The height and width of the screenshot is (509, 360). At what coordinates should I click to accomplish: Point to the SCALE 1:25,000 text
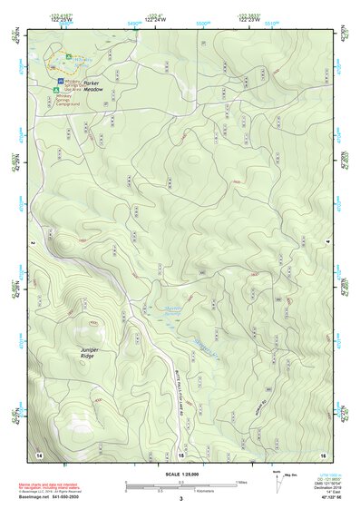[x=180, y=473]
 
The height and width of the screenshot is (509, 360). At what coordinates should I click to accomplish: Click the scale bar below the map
[x=180, y=485]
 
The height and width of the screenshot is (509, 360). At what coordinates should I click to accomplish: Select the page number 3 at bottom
[x=180, y=498]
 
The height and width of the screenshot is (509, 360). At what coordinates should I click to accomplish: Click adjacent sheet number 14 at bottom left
[x=38, y=453]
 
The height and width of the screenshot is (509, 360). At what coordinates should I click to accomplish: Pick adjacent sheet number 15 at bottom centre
[x=180, y=453]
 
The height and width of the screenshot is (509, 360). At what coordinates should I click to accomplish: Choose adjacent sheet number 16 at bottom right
[x=323, y=453]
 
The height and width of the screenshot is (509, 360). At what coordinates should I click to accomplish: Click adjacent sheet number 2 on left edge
[x=32, y=243]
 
